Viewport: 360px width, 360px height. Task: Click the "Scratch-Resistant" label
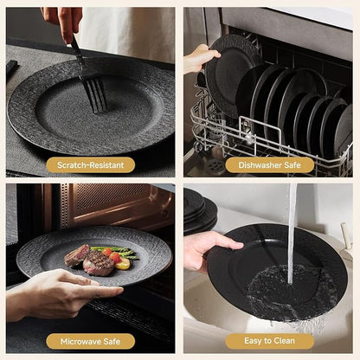click(x=91, y=165)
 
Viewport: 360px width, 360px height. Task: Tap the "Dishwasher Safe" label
click(x=269, y=165)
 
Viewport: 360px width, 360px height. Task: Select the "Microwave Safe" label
click(x=90, y=342)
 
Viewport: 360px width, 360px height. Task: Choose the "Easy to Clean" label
click(x=269, y=341)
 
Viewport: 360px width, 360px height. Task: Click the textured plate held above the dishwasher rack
click(x=231, y=75)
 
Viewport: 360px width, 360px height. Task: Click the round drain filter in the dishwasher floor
click(x=215, y=165)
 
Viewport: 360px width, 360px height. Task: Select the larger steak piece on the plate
click(x=98, y=263)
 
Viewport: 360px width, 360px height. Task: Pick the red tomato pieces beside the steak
click(x=112, y=255)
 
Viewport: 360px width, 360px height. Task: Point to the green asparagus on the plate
click(x=117, y=252)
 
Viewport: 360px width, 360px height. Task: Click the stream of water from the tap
click(x=292, y=233)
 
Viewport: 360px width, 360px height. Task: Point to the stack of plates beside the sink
click(x=200, y=212)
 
